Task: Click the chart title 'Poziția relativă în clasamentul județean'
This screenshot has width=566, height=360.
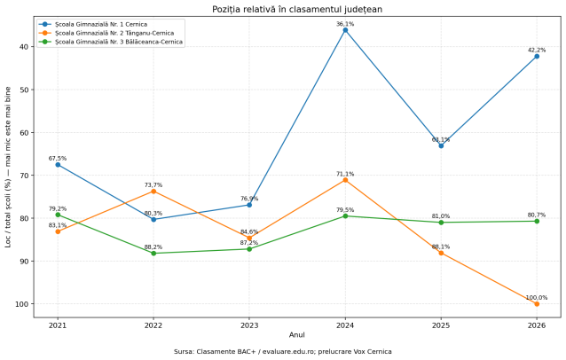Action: click(297, 9)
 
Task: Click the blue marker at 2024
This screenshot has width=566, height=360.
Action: click(345, 30)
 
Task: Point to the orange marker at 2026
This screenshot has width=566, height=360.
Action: click(537, 304)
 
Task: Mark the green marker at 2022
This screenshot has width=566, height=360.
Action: click(153, 254)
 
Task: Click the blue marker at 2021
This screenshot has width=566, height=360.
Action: click(58, 165)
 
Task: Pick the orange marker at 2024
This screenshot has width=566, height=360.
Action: click(345, 180)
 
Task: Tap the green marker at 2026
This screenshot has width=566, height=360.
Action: click(537, 221)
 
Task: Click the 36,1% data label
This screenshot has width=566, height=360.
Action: click(345, 24)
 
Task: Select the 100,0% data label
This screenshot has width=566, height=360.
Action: click(537, 298)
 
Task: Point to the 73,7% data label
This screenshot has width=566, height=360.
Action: click(153, 185)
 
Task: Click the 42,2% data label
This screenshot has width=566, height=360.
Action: click(537, 51)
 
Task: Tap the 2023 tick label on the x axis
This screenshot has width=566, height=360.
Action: click(249, 325)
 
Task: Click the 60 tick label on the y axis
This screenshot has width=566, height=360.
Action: click(24, 132)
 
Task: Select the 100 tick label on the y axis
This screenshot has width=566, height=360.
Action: click(21, 304)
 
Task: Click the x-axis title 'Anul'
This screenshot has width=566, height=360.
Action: click(296, 335)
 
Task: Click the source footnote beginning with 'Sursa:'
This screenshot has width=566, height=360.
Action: click(283, 351)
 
